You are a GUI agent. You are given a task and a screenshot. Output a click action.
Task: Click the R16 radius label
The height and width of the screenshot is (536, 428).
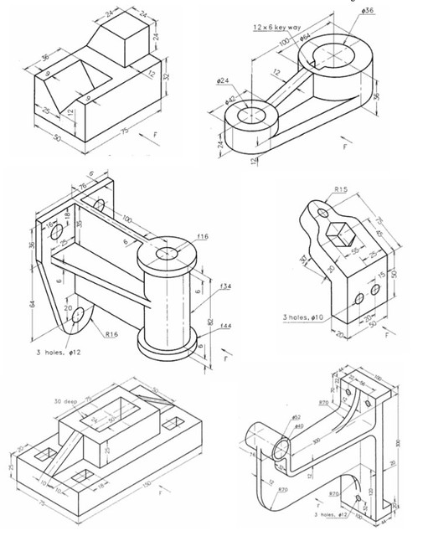111,333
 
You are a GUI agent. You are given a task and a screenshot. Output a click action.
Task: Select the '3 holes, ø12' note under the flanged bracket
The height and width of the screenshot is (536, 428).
52,352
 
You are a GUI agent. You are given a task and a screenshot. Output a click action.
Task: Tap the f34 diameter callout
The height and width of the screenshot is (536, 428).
224,286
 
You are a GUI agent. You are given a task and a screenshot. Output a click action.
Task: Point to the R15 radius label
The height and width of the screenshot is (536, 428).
341,190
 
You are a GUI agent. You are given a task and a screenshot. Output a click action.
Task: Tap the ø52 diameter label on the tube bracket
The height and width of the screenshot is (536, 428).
296,416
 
